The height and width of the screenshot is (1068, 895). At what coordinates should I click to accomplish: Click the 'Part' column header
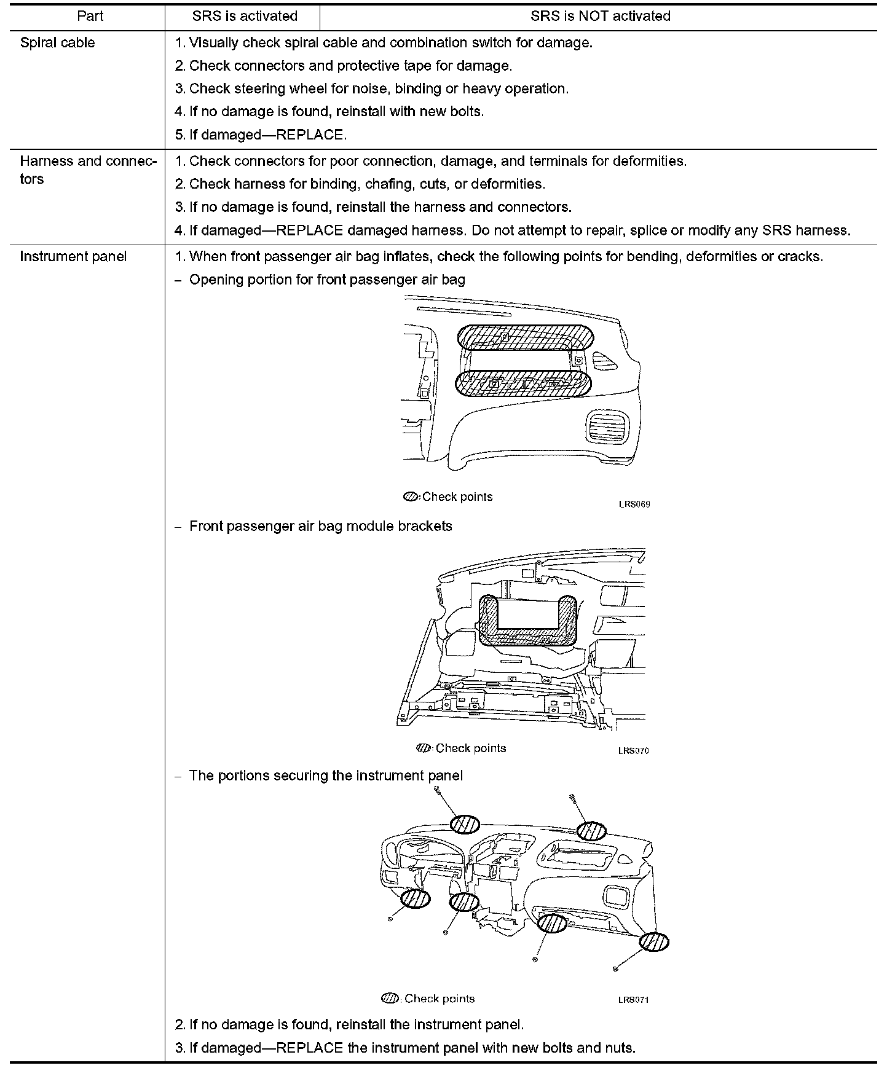(90, 16)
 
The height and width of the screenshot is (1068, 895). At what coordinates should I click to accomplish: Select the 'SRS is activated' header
(245, 16)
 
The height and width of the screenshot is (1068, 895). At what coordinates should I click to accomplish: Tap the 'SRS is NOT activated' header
(600, 16)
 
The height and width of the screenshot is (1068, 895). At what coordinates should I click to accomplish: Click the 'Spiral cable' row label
(58, 43)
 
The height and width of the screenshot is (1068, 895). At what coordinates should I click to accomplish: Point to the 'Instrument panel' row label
(73, 257)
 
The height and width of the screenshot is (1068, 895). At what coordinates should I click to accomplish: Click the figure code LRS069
(634, 505)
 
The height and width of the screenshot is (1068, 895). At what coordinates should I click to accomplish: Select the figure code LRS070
(633, 751)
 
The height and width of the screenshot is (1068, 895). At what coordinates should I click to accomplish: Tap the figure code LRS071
(633, 1000)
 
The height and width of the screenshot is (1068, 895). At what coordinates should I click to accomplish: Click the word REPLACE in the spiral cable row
(310, 135)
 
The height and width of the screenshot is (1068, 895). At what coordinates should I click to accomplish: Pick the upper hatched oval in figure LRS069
(526, 337)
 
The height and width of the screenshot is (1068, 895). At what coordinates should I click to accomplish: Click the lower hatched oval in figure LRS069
(522, 384)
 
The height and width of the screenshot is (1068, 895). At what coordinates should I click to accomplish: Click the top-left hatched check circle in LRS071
(465, 824)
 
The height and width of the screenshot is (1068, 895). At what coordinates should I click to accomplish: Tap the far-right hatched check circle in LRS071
(653, 942)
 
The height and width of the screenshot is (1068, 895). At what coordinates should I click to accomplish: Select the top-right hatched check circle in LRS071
(591, 831)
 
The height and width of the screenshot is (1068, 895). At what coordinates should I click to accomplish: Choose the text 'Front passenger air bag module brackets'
(320, 527)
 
